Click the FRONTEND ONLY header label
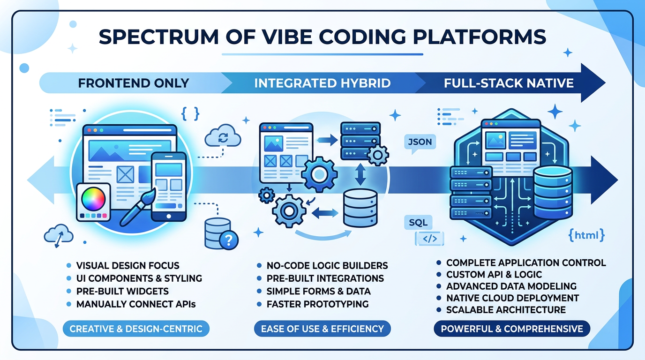(134, 83)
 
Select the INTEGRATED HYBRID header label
(322, 83)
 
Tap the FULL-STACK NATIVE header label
(509, 83)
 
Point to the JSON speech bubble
(420, 142)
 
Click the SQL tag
(418, 222)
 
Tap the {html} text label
(585, 235)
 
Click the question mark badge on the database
(228, 241)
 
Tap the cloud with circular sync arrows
(223, 137)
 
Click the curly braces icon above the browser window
(190, 113)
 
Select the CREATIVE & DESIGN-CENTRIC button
(136, 329)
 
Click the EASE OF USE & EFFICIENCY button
(323, 329)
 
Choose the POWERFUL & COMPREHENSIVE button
(512, 329)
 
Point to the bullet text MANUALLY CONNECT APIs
(136, 304)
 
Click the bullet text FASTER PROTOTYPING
(317, 304)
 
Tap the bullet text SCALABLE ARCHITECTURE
(506, 310)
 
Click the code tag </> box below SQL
(429, 239)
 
